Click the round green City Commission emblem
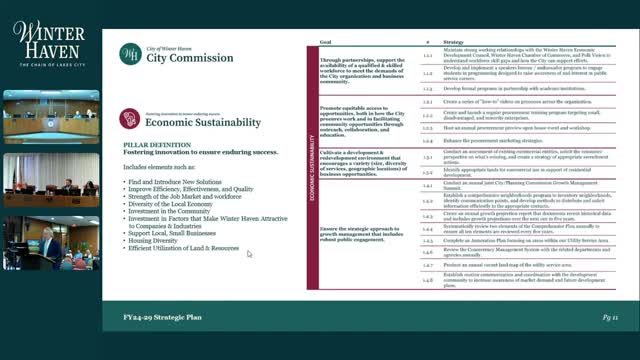click(129, 53)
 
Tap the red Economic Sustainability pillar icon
click(129, 119)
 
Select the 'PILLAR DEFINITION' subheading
click(150, 144)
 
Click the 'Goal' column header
click(326, 43)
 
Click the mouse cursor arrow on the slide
click(249, 254)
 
